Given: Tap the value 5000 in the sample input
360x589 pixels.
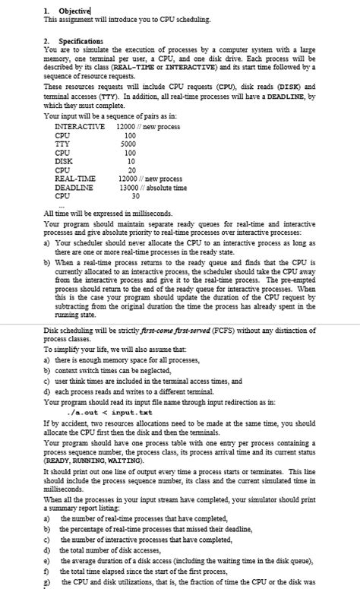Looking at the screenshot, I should [128, 143].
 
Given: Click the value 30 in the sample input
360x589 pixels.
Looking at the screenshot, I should [135, 195].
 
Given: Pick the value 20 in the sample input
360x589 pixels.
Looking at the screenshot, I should [131, 169].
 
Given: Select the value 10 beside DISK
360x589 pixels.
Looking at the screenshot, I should [131, 160].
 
